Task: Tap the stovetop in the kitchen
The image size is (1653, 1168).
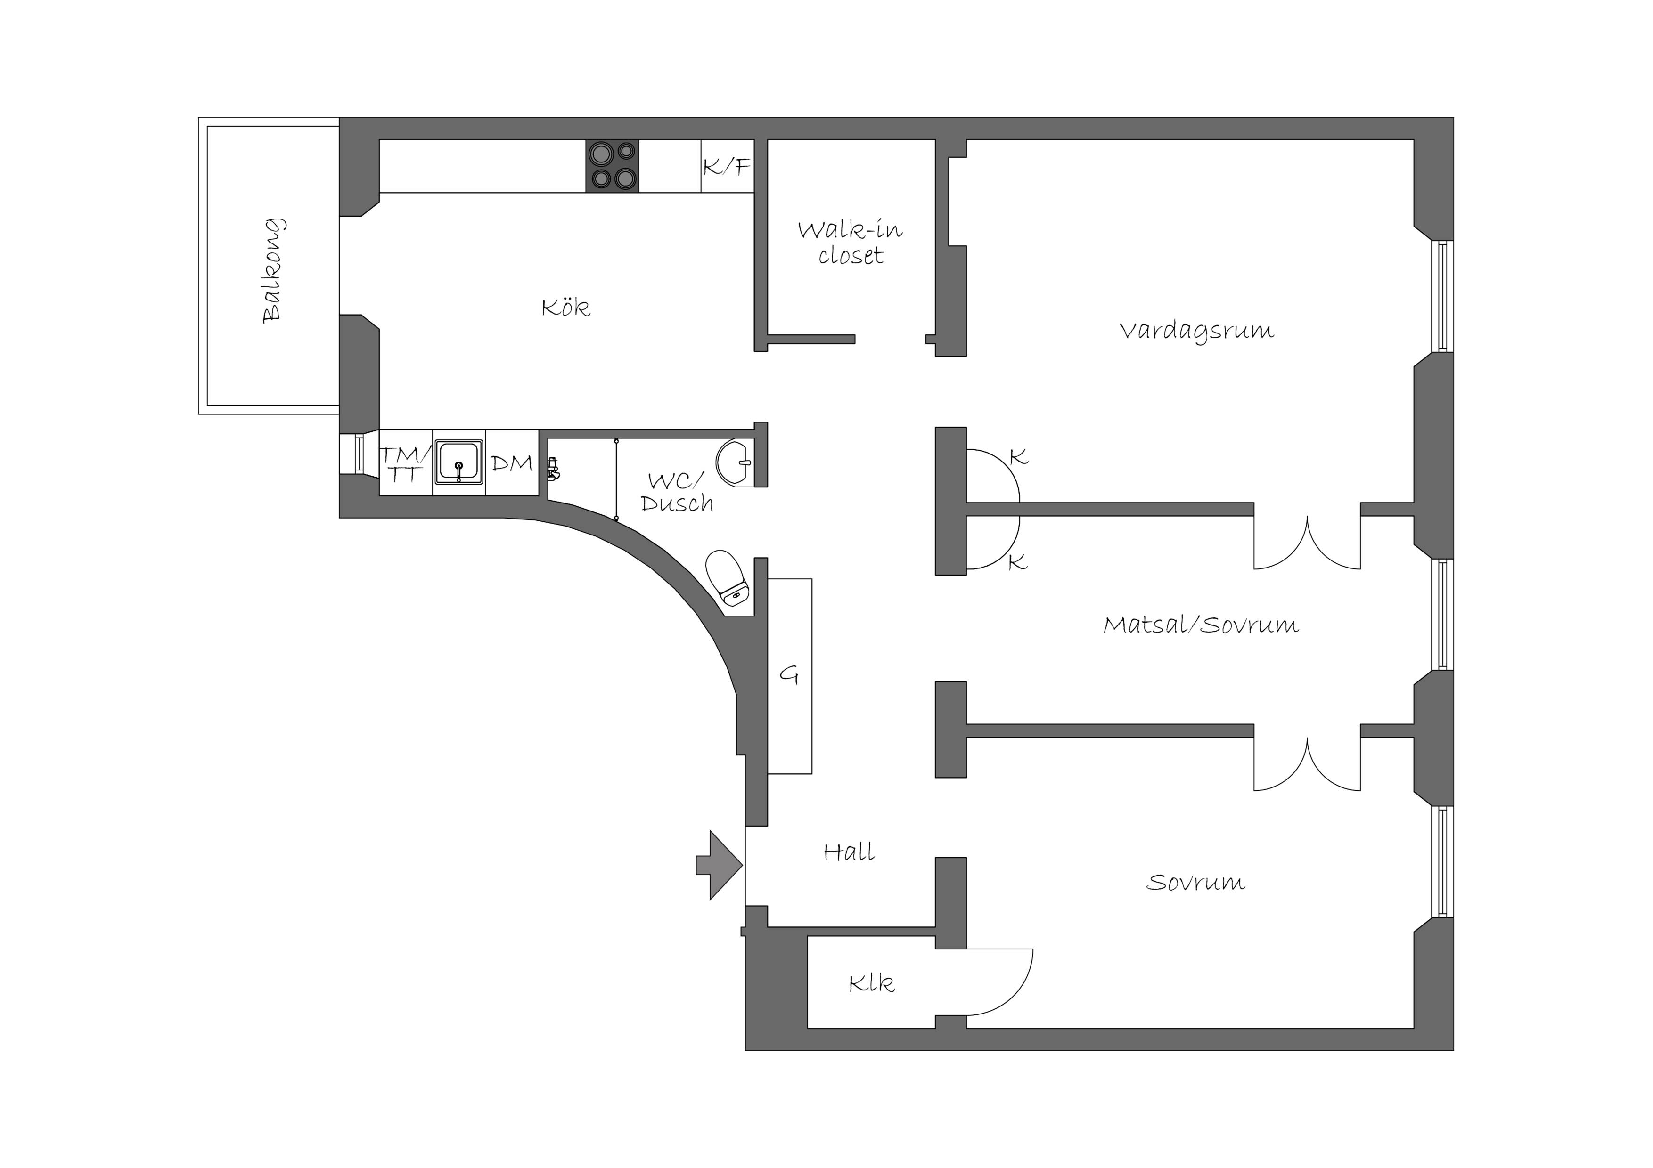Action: tap(613, 165)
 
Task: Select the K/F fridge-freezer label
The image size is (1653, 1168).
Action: tap(727, 167)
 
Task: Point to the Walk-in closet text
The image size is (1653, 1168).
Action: tap(850, 243)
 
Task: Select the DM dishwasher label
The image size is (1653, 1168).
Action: tap(512, 463)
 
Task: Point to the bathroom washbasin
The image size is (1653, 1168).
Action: tap(735, 463)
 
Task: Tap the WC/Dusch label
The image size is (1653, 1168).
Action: tap(677, 492)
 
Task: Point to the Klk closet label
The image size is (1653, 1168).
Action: tap(872, 983)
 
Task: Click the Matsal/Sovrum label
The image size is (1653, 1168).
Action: tap(1201, 624)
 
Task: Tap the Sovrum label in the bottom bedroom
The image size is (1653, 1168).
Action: tap(1196, 882)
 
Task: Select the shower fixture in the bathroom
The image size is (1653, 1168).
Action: tap(553, 469)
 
